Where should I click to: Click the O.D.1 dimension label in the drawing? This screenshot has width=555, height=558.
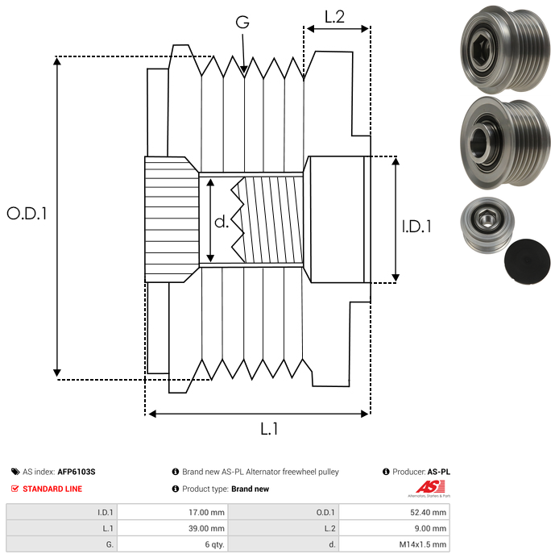point(27,214)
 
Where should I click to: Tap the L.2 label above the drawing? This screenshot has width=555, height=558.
point(334,17)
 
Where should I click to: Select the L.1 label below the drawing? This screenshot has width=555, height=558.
point(269,430)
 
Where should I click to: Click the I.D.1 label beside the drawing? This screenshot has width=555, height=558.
point(416,227)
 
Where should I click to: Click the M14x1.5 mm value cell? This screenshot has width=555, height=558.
point(424,543)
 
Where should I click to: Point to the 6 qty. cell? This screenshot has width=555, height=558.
point(213,543)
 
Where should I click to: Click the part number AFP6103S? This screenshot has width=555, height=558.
point(77,472)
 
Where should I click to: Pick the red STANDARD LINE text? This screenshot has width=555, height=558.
point(52,489)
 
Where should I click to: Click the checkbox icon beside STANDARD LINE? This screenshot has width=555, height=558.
point(15,489)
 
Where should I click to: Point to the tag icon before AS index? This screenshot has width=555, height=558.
point(15,472)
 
